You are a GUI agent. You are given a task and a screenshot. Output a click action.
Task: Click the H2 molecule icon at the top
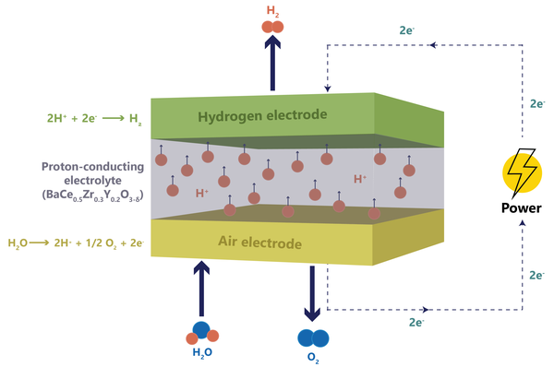click(272, 27)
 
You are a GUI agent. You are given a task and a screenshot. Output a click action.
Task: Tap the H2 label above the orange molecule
click(272, 11)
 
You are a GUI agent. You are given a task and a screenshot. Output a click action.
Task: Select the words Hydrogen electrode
click(262, 116)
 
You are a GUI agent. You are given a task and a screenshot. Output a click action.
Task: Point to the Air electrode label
click(260, 243)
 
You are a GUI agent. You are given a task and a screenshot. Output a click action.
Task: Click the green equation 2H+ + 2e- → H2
click(94, 119)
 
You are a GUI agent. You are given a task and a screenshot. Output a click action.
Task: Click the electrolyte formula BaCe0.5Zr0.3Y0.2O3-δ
click(93, 195)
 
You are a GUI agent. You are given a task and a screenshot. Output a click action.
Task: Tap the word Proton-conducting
click(93, 167)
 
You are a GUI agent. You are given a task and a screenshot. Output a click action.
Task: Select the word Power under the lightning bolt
click(522, 208)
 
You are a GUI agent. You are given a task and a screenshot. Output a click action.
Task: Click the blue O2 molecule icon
click(313, 338)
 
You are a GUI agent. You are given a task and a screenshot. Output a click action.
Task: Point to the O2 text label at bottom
click(313, 358)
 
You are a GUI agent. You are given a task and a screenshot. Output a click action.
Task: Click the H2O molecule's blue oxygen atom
click(201, 330)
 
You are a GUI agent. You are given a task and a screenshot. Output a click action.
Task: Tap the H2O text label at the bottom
click(202, 352)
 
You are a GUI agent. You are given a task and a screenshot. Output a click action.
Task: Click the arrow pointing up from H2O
click(201, 289)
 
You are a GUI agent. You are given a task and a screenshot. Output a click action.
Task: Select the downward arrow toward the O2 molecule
click(312, 293)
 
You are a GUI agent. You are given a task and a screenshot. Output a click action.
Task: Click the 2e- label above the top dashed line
click(406, 30)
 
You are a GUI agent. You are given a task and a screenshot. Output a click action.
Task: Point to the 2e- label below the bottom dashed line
click(416, 322)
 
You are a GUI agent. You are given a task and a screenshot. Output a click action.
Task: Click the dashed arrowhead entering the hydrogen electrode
click(328, 89)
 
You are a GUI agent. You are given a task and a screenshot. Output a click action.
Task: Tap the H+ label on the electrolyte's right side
click(360, 179)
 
